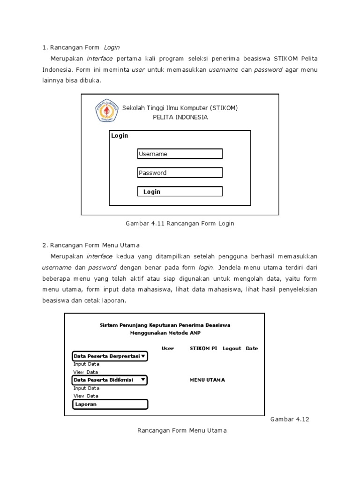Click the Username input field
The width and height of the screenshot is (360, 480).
click(x=180, y=154)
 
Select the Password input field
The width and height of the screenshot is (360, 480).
click(x=180, y=172)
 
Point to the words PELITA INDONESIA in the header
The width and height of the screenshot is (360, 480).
click(x=180, y=117)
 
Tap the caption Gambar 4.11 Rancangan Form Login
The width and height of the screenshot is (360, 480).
click(x=180, y=224)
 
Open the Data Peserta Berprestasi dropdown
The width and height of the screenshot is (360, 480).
click(x=109, y=356)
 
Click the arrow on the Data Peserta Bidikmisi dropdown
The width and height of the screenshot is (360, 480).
click(x=142, y=380)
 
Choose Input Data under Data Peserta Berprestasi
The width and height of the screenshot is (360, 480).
click(x=86, y=364)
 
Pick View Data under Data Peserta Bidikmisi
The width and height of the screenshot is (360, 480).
click(x=86, y=396)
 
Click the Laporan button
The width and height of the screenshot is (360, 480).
click(x=110, y=404)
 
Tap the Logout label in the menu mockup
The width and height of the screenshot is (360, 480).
click(x=232, y=348)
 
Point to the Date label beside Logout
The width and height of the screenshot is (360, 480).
click(x=252, y=348)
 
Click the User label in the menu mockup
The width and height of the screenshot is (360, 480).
click(x=167, y=348)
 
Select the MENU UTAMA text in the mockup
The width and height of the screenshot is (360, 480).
click(x=207, y=380)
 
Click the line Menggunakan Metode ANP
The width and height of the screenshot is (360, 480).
click(x=165, y=332)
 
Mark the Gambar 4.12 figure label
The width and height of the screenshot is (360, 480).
click(x=290, y=419)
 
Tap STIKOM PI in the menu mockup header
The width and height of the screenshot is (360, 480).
click(x=203, y=348)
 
